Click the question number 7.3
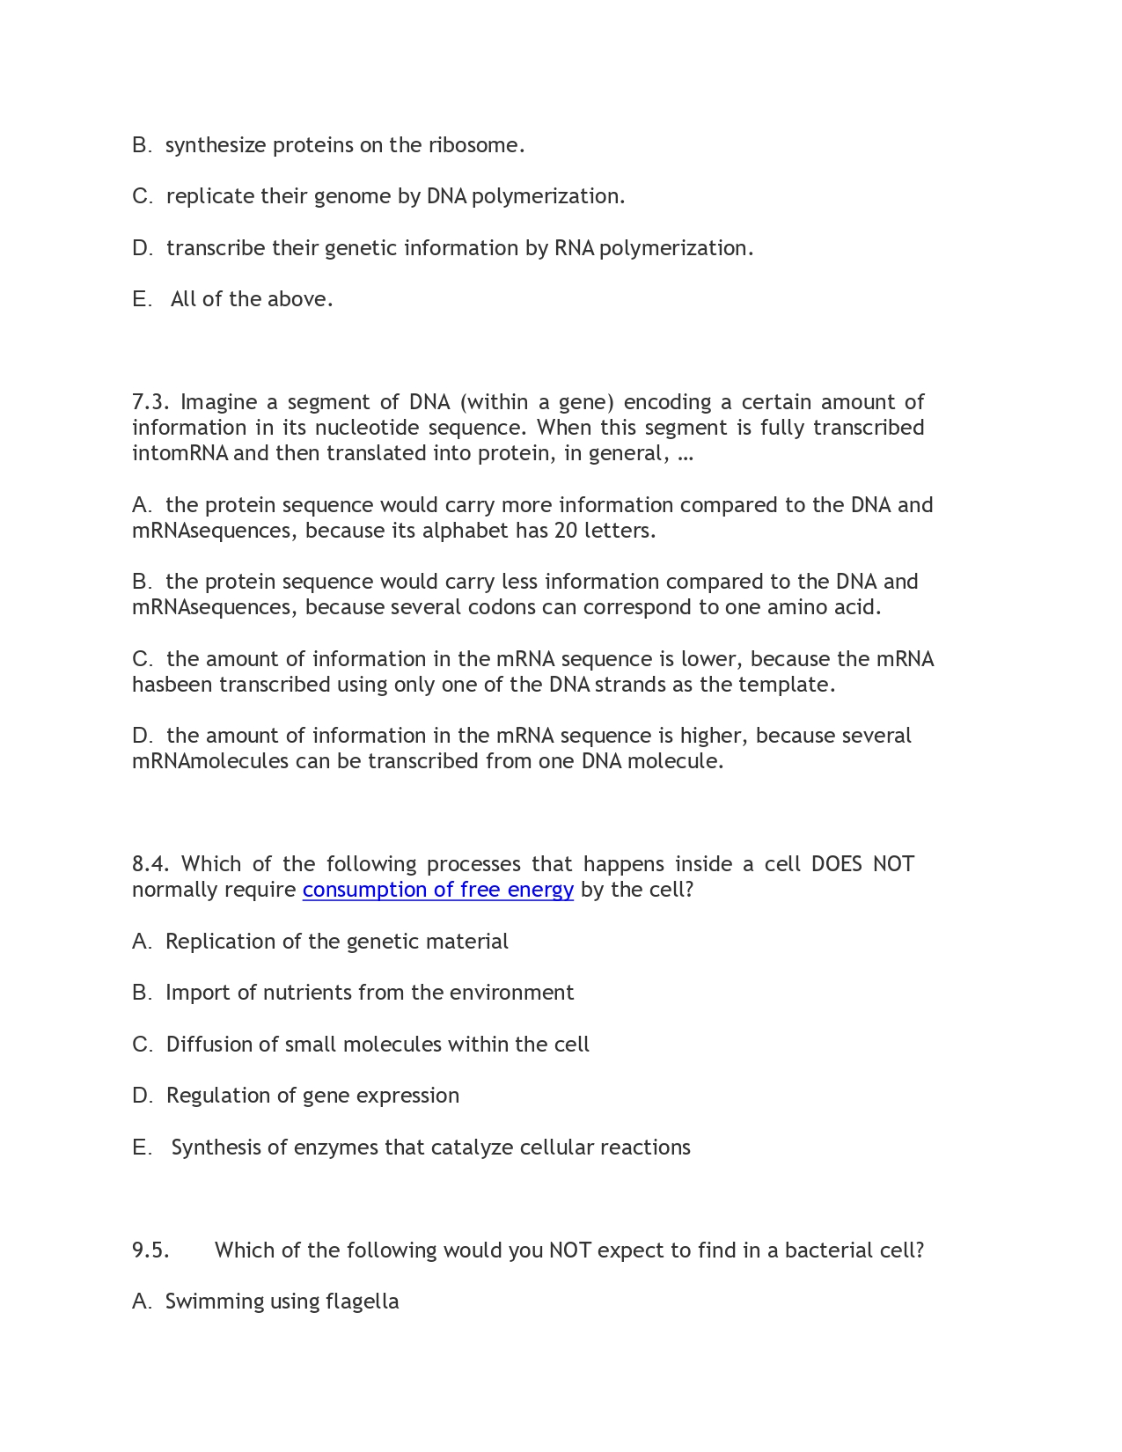(x=150, y=402)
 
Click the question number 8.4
(x=150, y=864)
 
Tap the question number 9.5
(x=150, y=1250)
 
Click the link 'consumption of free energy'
(x=437, y=890)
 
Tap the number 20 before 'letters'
(x=566, y=531)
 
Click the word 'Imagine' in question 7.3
(x=219, y=402)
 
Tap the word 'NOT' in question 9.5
(x=569, y=1250)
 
